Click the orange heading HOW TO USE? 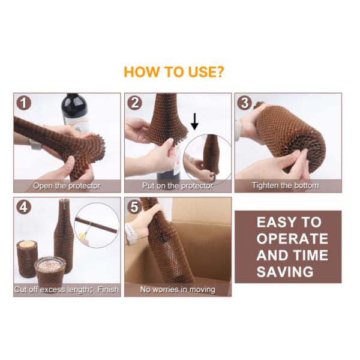[x=173, y=73]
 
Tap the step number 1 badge [x=23, y=103]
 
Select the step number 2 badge [x=134, y=103]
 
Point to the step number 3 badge [x=244, y=103]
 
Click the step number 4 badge [x=23, y=208]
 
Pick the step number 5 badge [x=134, y=208]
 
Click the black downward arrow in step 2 [x=194, y=122]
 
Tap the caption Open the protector [x=67, y=186]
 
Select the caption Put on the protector [x=178, y=186]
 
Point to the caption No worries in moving [x=178, y=290]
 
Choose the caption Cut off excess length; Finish [x=67, y=290]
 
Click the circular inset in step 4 [x=98, y=223]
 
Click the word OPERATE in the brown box [x=292, y=239]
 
